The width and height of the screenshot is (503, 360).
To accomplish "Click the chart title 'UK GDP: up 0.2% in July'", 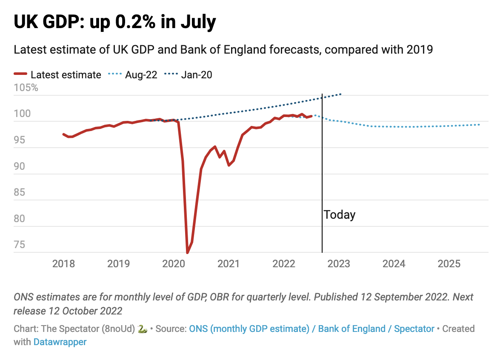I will click(115, 22).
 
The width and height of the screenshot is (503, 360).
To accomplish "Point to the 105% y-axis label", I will click(26, 88).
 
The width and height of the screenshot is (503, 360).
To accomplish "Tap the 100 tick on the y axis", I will click(22, 114).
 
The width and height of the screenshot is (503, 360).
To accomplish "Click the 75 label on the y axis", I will click(19, 245).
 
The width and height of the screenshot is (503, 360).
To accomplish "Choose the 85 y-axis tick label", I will click(19, 193).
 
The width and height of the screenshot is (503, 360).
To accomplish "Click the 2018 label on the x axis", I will click(63, 264).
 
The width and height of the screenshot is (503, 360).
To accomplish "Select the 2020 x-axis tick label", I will click(174, 264).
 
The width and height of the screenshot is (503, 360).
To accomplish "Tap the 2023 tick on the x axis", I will click(339, 264).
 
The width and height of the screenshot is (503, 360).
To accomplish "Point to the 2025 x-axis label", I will click(449, 264).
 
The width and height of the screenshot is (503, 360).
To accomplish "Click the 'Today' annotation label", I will click(340, 214).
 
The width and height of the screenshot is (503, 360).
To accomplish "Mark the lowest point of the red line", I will click(187, 252).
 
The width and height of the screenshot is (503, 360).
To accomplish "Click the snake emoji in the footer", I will click(143, 329).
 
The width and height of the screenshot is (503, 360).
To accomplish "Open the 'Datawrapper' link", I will click(60, 342).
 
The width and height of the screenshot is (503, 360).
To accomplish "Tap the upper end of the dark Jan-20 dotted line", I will click(341, 94).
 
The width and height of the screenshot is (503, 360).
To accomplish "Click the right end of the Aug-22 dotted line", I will click(480, 124).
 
